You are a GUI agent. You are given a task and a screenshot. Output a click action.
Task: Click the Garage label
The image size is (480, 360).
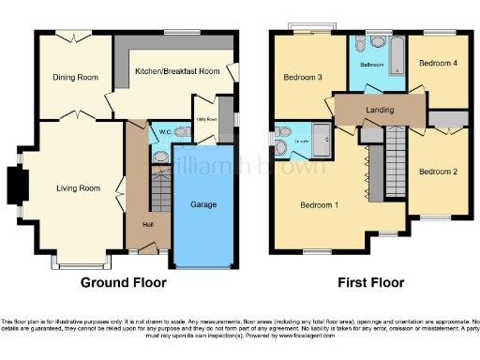click(204, 203)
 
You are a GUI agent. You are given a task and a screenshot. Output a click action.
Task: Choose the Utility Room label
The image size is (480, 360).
click(206, 120)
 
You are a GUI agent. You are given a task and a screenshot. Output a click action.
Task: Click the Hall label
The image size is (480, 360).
click(148, 224)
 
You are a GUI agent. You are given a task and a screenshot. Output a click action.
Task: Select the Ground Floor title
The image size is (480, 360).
click(124, 281)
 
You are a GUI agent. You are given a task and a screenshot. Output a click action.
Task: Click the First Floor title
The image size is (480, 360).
click(373, 281)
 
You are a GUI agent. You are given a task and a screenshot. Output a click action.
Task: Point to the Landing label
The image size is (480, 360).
click(380, 111)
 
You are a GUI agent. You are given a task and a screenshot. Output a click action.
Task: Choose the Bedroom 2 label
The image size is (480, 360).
click(437, 172)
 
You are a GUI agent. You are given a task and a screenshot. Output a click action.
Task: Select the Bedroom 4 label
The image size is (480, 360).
click(438, 64)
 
